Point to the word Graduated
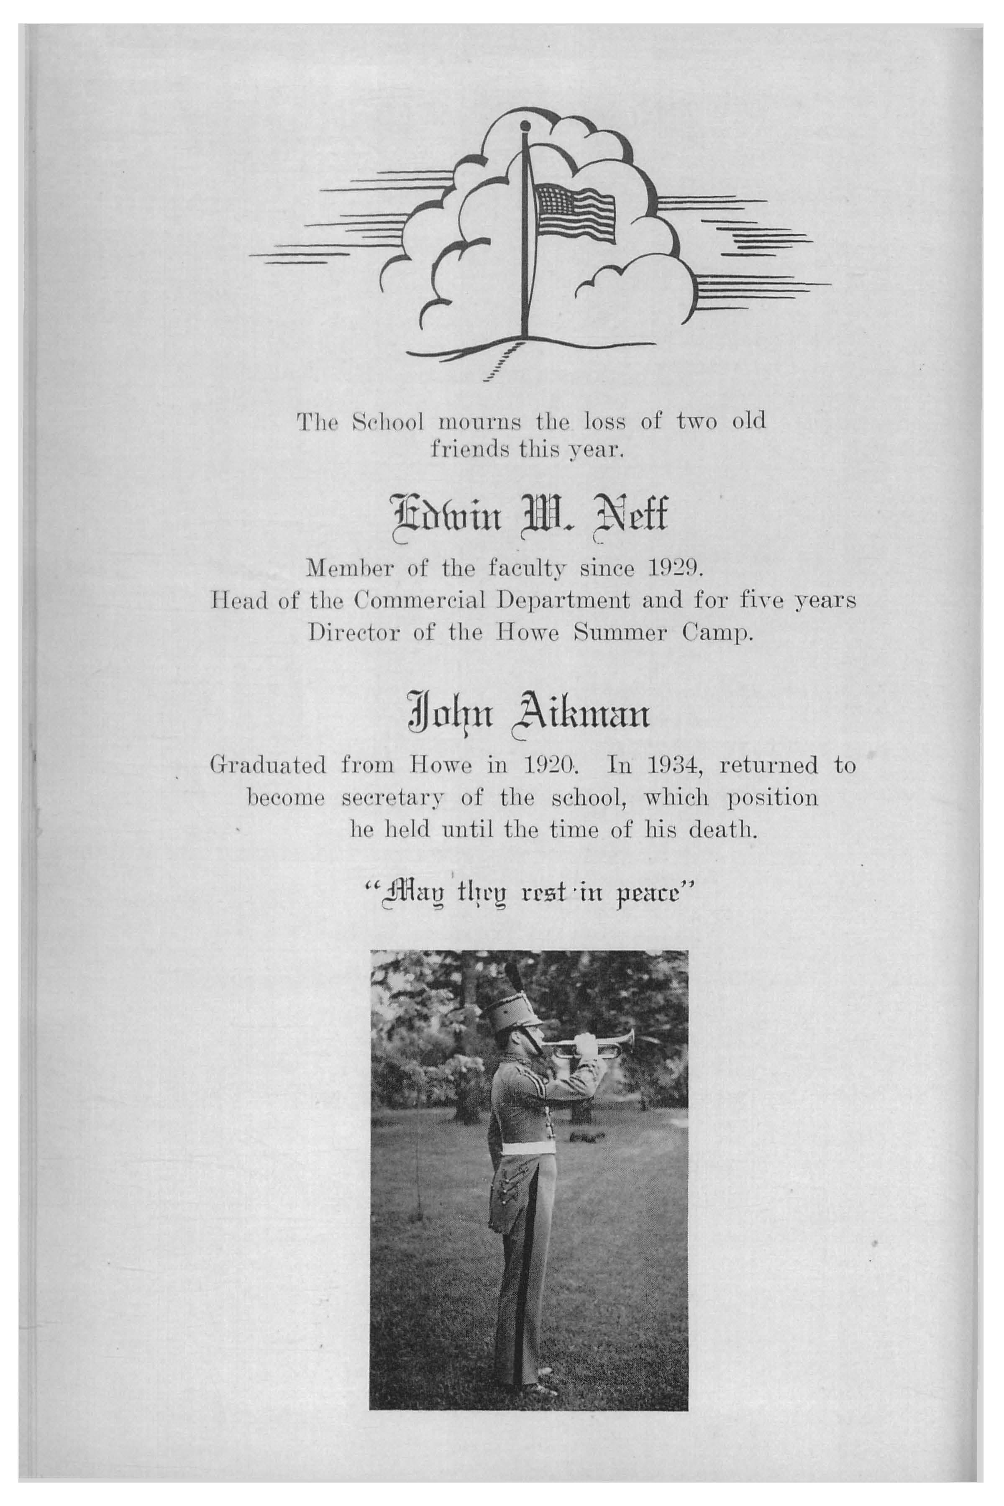268,766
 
